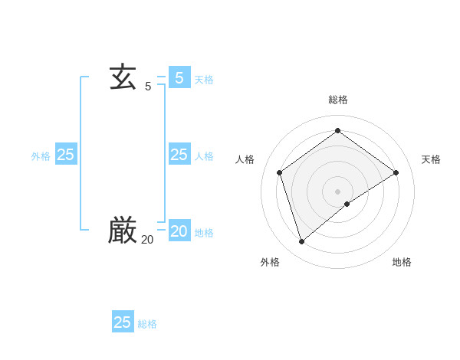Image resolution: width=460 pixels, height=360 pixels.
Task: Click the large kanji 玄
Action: pyautogui.click(x=123, y=77)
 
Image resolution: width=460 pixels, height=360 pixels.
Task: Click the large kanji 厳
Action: pyautogui.click(x=123, y=230)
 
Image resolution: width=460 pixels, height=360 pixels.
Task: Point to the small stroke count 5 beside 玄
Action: pyautogui.click(x=148, y=87)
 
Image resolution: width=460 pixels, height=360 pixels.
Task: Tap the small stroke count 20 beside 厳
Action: pyautogui.click(x=147, y=240)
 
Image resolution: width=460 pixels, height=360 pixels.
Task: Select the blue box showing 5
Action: pyautogui.click(x=179, y=77)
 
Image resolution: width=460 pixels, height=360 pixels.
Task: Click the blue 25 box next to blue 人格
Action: pyautogui.click(x=179, y=155)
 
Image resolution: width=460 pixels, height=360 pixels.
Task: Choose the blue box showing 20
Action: pyautogui.click(x=179, y=231)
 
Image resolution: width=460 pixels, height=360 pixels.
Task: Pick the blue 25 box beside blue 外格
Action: pyautogui.click(x=66, y=155)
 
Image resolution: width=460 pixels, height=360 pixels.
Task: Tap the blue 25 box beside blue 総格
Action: pyautogui.click(x=123, y=322)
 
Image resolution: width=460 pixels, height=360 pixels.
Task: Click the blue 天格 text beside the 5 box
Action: pyautogui.click(x=204, y=80)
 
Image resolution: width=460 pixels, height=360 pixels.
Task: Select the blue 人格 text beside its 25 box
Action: pyautogui.click(x=204, y=156)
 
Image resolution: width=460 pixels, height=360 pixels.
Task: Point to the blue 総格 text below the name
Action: pyautogui.click(x=147, y=324)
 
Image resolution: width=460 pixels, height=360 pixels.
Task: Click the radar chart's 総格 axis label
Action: pyautogui.click(x=338, y=100)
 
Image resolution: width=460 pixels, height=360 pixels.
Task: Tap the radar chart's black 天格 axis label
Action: pyautogui.click(x=431, y=159)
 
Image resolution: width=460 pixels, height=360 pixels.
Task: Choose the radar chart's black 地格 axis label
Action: pyautogui.click(x=402, y=262)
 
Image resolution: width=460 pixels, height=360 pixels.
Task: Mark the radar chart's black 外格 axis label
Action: pyautogui.click(x=270, y=262)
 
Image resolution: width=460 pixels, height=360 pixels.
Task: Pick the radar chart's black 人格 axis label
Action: pyautogui.click(x=245, y=159)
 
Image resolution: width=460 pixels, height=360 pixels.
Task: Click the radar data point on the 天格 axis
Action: pyautogui.click(x=396, y=172)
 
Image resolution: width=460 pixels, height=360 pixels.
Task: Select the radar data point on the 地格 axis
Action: pyautogui.click(x=347, y=204)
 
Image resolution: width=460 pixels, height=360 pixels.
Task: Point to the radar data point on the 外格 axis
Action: pyautogui.click(x=301, y=242)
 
